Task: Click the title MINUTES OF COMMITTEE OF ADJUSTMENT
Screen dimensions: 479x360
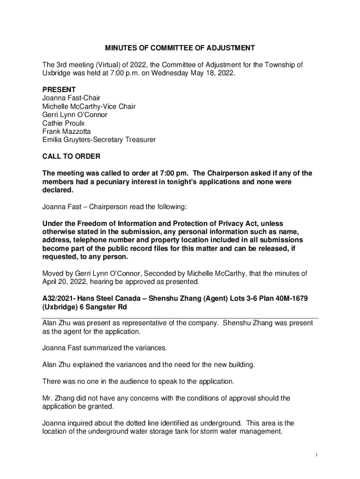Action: click(180, 48)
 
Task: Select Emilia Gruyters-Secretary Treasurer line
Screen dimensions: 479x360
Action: click(99, 140)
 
